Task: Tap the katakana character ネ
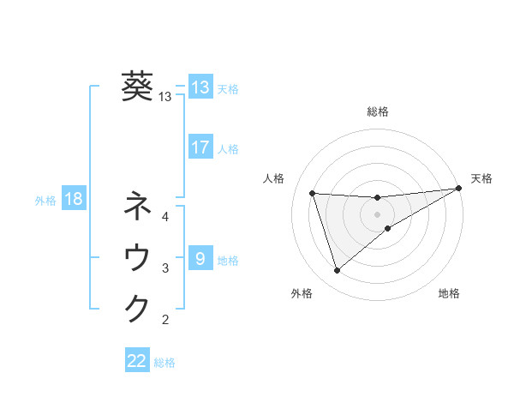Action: coord(137,207)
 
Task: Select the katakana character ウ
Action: coord(137,257)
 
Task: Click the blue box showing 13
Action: coord(200,87)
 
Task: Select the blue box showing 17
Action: coord(200,147)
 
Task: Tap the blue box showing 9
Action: coord(200,258)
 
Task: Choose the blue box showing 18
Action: coord(74,200)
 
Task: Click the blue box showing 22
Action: coord(137,361)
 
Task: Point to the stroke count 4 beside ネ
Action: coord(165,217)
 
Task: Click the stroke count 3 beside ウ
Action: coord(165,268)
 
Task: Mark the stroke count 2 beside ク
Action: coord(165,320)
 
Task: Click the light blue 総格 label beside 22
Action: coord(164,363)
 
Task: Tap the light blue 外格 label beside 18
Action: coord(45,201)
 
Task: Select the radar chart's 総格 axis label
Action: coord(377,111)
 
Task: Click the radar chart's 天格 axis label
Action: coord(481,178)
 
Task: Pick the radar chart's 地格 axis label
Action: coord(449,293)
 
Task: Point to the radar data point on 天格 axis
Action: coord(458,189)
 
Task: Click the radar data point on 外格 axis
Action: coord(337,271)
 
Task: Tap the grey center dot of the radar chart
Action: coord(377,214)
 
